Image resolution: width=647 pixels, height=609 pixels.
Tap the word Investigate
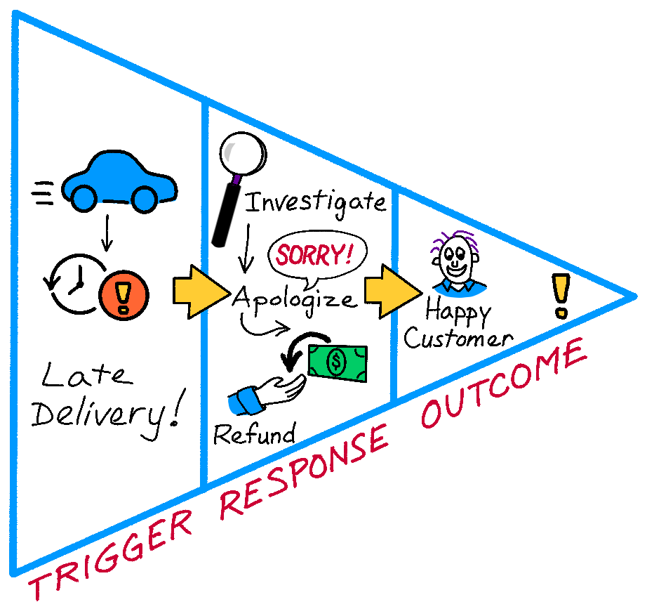click(x=314, y=202)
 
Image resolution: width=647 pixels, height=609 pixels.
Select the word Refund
click(x=254, y=434)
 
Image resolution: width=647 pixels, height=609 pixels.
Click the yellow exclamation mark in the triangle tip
click(x=560, y=295)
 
